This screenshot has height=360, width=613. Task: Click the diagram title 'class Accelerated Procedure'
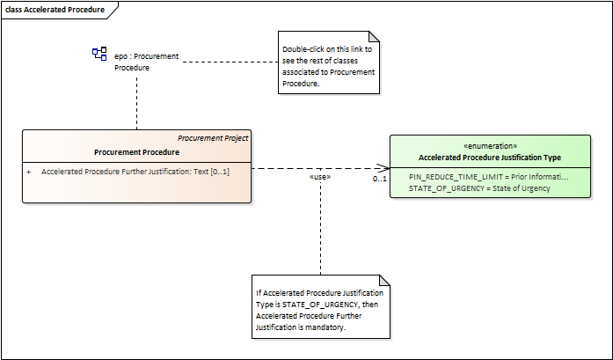point(55,10)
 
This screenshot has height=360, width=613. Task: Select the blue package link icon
point(99,54)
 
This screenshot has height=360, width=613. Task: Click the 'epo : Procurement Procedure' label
point(147,62)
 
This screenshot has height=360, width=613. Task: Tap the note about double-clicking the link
point(329,62)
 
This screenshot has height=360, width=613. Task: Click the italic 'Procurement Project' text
point(213,138)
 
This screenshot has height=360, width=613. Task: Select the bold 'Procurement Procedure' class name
point(137,152)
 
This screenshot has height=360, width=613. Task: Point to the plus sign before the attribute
point(28,172)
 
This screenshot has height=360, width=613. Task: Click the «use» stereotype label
point(320,177)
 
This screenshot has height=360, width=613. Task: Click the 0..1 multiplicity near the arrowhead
point(380,179)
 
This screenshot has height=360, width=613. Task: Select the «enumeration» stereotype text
point(490,146)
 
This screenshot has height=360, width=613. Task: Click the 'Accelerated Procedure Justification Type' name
point(490,158)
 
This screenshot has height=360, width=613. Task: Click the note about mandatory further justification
point(321,307)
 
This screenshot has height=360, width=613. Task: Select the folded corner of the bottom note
point(384,280)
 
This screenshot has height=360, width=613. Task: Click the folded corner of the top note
point(374,36)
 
